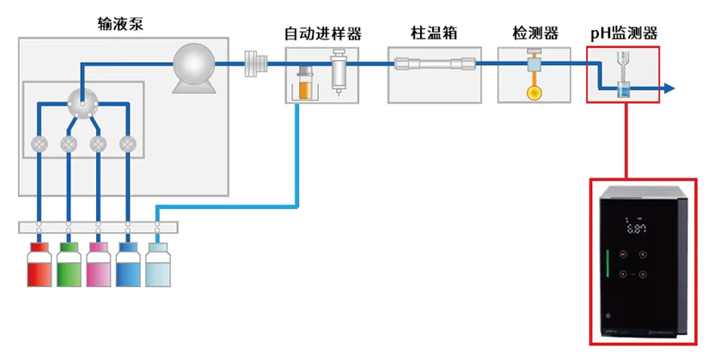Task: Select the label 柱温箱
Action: click(434, 34)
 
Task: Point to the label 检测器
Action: click(534, 34)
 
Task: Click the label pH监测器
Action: click(624, 34)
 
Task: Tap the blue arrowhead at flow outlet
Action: click(669, 88)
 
